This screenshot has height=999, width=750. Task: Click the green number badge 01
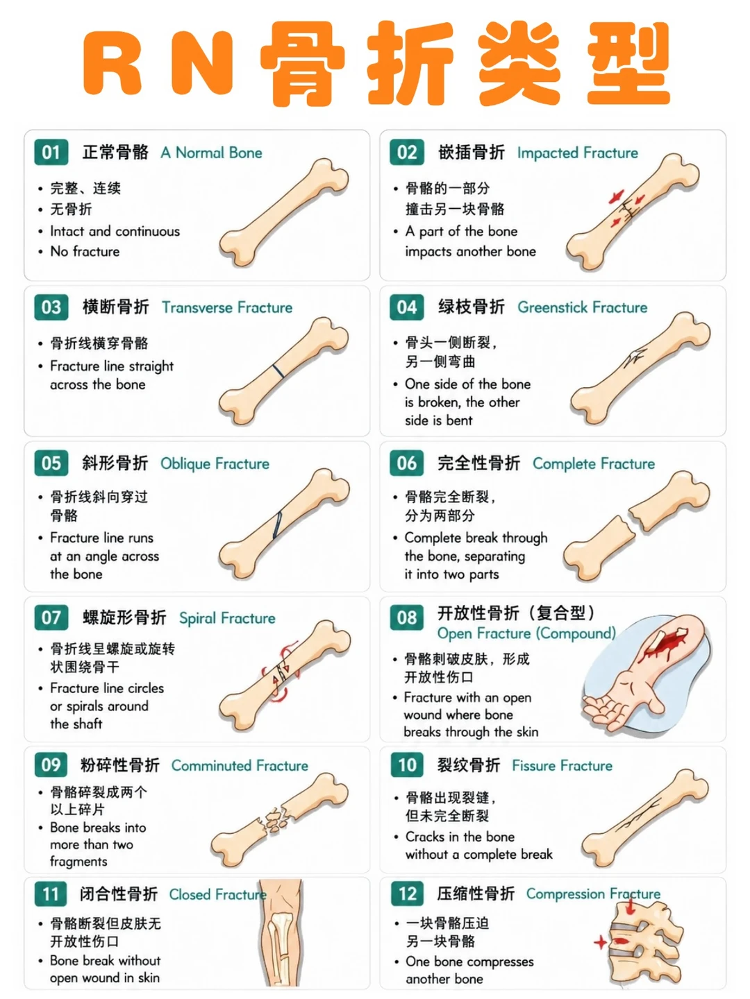(x=51, y=152)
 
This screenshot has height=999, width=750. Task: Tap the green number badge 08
(x=407, y=617)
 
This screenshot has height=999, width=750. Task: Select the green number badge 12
(x=407, y=894)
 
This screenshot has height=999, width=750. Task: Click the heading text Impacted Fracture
(x=577, y=153)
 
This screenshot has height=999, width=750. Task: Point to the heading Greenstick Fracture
(x=583, y=307)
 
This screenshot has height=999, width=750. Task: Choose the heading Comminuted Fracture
(x=240, y=765)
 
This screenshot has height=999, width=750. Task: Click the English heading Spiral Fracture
(x=227, y=618)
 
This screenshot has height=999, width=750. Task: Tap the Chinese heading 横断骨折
(x=116, y=307)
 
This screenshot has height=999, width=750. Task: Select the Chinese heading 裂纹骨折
(x=469, y=765)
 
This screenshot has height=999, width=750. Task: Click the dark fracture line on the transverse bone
(x=278, y=371)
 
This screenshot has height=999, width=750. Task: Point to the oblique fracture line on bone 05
(x=277, y=525)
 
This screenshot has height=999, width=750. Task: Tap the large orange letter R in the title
(x=112, y=62)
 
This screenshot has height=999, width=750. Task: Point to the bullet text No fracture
(x=85, y=251)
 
